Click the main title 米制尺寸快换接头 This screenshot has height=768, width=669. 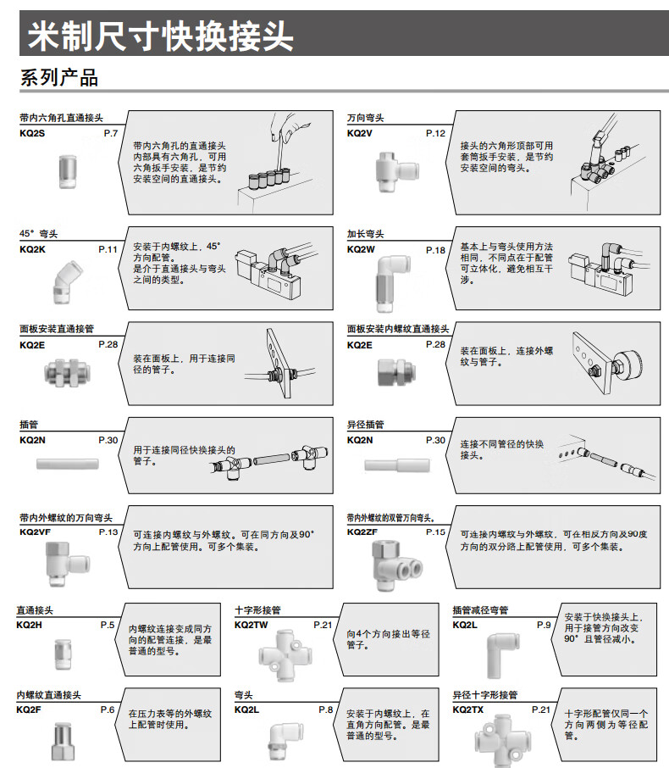click(x=161, y=36)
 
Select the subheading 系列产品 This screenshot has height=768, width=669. click(x=59, y=78)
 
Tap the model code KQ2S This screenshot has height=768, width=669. click(x=32, y=134)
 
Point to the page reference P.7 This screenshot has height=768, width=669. click(x=110, y=134)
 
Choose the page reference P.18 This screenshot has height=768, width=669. click(x=434, y=250)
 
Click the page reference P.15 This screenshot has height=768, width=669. click(x=434, y=531)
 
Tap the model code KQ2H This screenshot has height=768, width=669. click(x=29, y=625)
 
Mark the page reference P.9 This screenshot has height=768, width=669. click(x=544, y=625)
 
